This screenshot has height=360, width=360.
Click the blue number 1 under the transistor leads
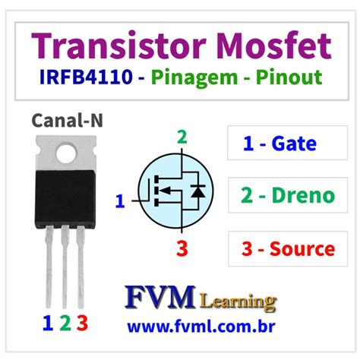point(48,323)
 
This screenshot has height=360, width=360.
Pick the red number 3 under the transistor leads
point(83,323)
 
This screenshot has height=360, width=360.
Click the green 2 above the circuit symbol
point(181,137)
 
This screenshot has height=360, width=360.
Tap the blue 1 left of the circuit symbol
point(118,201)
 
